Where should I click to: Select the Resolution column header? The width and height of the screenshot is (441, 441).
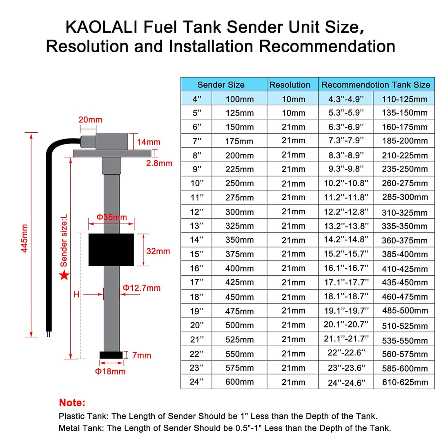(x=290, y=85)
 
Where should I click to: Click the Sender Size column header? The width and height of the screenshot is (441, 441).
(x=221, y=85)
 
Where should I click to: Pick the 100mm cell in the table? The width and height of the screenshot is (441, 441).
(x=240, y=99)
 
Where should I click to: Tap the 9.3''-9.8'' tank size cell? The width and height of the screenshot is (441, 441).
(x=346, y=169)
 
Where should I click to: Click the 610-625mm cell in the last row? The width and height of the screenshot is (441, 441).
(x=405, y=382)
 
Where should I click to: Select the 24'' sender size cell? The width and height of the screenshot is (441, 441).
(x=196, y=382)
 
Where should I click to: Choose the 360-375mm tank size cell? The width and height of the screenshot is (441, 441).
(x=405, y=241)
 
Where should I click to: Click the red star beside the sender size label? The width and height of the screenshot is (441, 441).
(x=64, y=276)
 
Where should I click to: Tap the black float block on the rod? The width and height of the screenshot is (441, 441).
(x=111, y=249)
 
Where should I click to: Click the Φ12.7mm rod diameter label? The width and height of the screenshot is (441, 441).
(x=142, y=288)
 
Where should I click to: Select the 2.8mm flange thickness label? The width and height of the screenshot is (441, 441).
(x=159, y=163)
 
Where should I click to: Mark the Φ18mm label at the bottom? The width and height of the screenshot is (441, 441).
(x=110, y=372)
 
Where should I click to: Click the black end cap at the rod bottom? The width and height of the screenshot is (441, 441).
(x=111, y=355)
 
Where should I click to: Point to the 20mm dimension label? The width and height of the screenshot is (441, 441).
(x=91, y=120)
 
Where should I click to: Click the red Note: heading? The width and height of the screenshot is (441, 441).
(x=72, y=403)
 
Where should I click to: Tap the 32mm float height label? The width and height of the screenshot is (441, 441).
(x=158, y=251)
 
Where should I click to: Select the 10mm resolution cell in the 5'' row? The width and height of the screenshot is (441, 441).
(x=293, y=113)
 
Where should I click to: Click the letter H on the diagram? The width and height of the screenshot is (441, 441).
(x=76, y=294)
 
